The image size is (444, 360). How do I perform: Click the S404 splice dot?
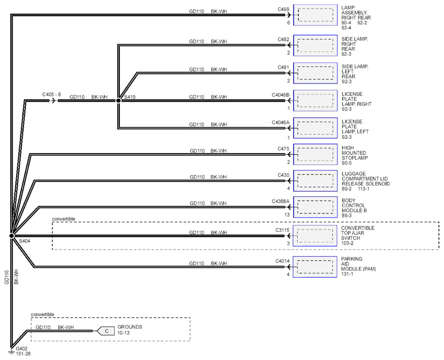coord(12,236)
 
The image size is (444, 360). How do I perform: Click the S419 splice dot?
coord(118,100)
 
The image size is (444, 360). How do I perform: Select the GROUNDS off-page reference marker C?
coord(106,331)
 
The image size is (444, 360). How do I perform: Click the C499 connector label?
coord(284,9)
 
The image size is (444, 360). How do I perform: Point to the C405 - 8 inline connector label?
coord(52,94)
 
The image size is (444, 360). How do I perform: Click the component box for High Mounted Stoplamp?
coord(315,154)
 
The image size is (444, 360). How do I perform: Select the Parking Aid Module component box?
coord(315,267)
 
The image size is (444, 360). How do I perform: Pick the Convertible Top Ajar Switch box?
coord(315,236)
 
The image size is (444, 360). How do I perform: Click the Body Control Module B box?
coord(315,207)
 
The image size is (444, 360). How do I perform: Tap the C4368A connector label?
coord(281,201)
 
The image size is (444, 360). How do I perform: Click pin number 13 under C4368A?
coord(287,215)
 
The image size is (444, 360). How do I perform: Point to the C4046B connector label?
coord(281,95)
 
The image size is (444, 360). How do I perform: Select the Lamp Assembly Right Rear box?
coord(315,15)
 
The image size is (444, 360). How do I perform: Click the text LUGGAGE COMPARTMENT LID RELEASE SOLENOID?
coord(366,178)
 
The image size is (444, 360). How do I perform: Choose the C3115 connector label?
coord(282,230)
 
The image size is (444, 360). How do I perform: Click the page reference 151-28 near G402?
coord(23,354)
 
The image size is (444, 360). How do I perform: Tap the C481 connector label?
coord(284,67)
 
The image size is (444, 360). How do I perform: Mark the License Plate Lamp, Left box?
coord(315,128)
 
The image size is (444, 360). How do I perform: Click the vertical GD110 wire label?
coord(7,277)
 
